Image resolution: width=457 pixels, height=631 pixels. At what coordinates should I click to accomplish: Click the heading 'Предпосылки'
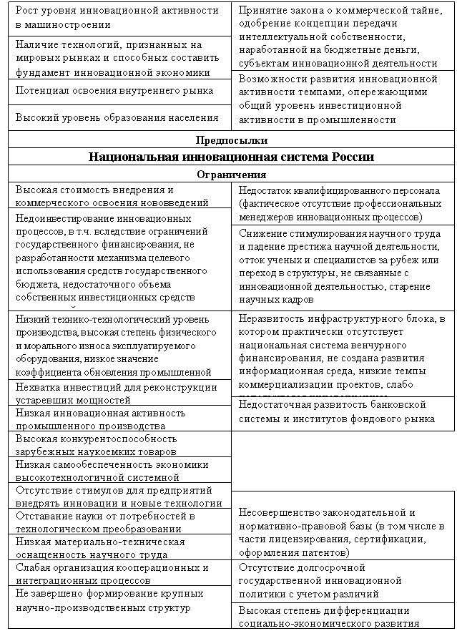230,140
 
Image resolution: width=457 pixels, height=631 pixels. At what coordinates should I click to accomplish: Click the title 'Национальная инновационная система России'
230,157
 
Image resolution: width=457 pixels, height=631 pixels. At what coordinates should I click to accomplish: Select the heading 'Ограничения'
230,175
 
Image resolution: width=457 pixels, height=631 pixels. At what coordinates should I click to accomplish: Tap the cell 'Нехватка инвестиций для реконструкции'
117,393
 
